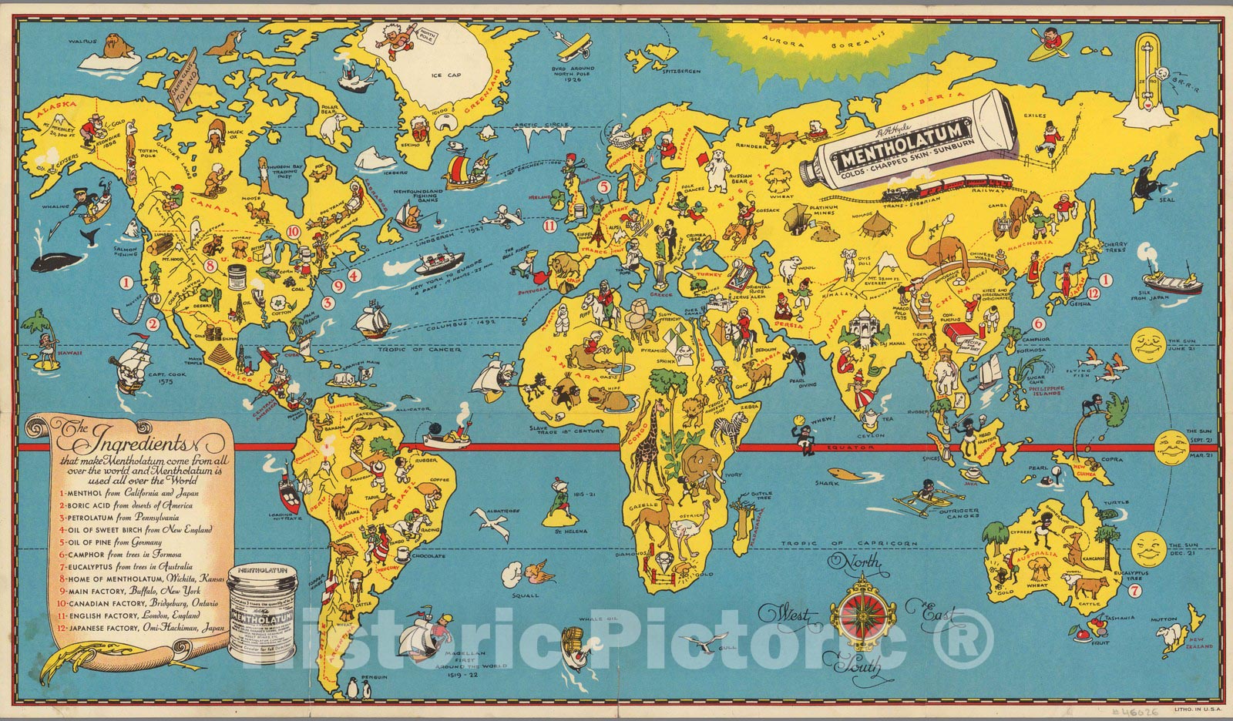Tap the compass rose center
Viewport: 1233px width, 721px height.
coord(856,615)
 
